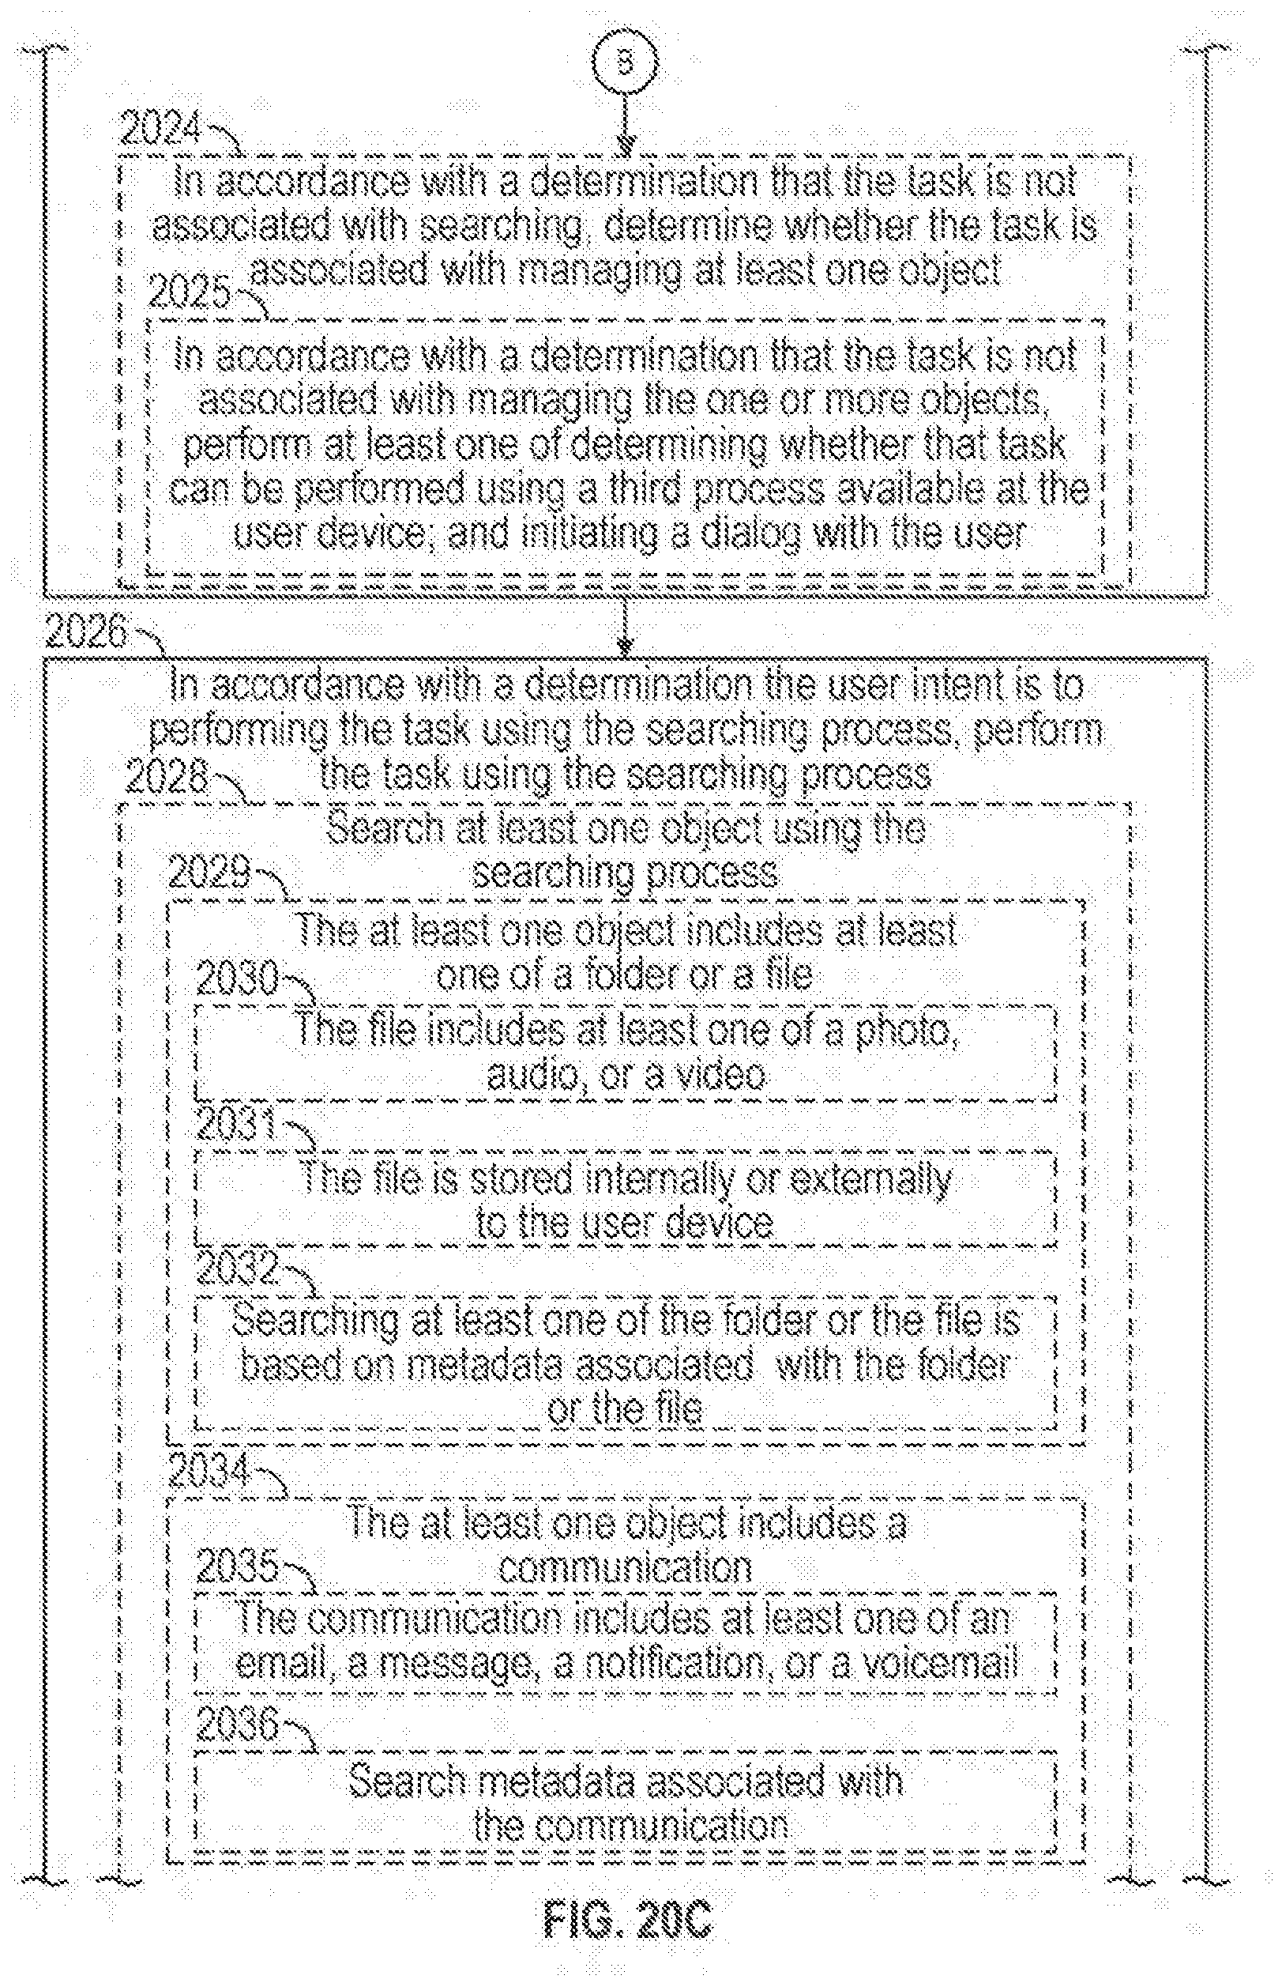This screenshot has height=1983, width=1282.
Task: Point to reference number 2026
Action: (x=87, y=633)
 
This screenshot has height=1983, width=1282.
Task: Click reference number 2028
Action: (x=166, y=778)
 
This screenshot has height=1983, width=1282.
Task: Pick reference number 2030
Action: (x=236, y=979)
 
